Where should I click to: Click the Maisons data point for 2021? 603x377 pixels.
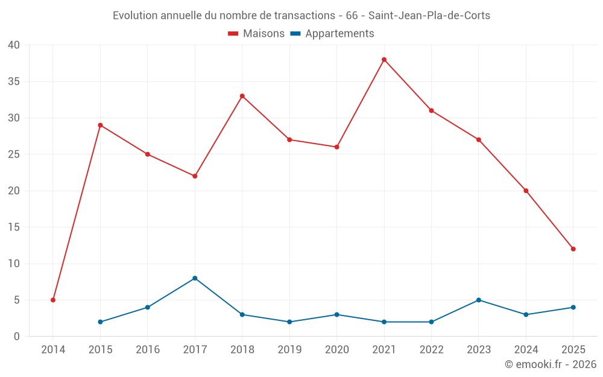(x=384, y=60)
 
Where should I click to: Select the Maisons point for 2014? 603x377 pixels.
(x=53, y=300)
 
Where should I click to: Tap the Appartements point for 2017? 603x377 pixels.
(x=195, y=278)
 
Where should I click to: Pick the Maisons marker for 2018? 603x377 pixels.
(x=242, y=96)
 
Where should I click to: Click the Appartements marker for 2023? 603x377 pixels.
(x=479, y=300)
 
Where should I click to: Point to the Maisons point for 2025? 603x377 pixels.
(x=573, y=249)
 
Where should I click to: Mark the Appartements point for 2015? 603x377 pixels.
(x=100, y=322)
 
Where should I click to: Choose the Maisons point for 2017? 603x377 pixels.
(x=195, y=176)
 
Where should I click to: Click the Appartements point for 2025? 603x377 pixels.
(x=573, y=307)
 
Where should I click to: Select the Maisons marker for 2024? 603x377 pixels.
(x=526, y=191)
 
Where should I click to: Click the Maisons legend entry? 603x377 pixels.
(x=256, y=34)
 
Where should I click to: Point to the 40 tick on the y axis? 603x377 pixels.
(x=14, y=45)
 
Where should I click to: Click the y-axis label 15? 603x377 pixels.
(x=14, y=227)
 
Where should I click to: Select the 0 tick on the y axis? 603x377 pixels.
(x=17, y=337)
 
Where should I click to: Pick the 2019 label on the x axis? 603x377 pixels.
(x=289, y=350)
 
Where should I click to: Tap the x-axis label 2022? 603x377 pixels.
(x=431, y=350)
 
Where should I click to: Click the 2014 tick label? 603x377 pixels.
(x=53, y=350)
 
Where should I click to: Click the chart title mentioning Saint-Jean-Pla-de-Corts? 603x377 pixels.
(x=301, y=16)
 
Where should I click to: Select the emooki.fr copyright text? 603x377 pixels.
(x=551, y=364)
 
